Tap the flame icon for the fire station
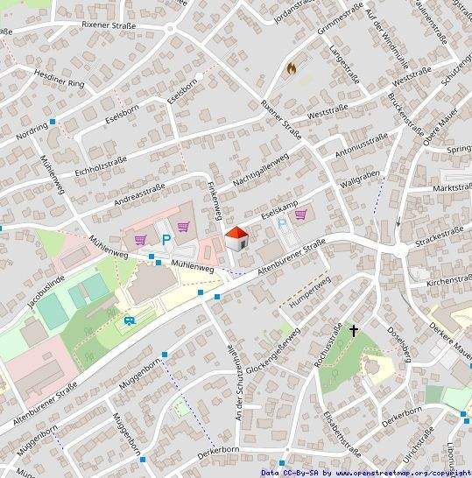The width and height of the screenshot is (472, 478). point(292,67)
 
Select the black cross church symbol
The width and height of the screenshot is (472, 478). point(355,332)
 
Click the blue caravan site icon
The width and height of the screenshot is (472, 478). point(130,321)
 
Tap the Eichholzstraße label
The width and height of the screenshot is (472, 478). point(101,165)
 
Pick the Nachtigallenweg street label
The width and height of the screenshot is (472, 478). point(261,172)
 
